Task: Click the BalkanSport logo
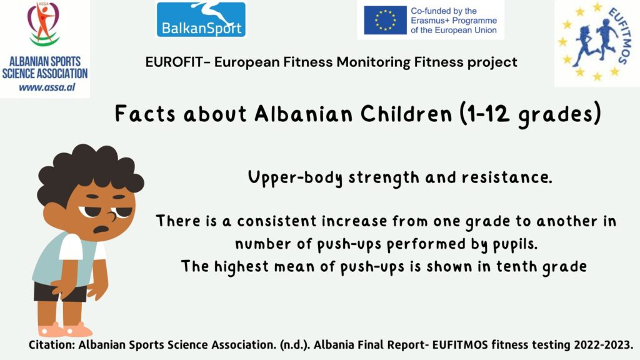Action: click(201, 19)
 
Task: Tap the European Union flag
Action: click(385, 20)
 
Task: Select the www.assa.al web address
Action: click(47, 87)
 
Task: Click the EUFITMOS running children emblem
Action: click(597, 42)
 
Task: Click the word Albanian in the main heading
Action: click(303, 114)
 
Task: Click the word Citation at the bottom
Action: click(51, 345)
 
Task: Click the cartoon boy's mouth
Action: click(101, 229)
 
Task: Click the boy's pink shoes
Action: click(64, 329)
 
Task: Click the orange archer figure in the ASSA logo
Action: click(44, 22)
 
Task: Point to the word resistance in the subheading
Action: click(506, 177)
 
